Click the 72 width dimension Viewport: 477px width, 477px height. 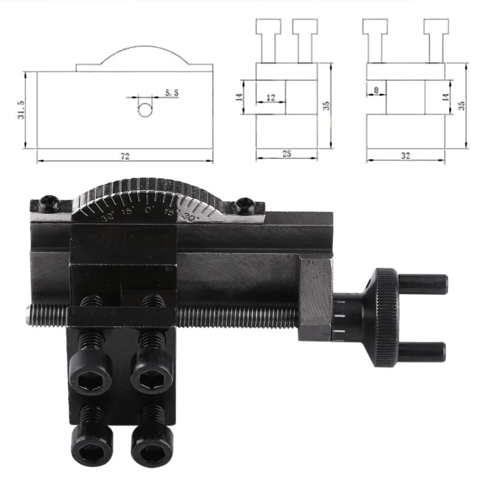pos(125,156)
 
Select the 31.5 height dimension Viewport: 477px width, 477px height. pos(21,109)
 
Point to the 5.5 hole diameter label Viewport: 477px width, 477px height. pos(172,93)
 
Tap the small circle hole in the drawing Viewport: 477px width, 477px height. pos(145,110)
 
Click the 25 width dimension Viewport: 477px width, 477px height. pos(286,153)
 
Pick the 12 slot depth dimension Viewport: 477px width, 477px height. pos(271,97)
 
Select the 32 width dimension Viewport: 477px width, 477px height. pos(405,156)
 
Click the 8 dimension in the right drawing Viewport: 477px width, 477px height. pos(376,91)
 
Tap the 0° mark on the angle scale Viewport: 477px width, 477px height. pos(149,210)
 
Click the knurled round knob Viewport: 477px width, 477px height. pos(384,317)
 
